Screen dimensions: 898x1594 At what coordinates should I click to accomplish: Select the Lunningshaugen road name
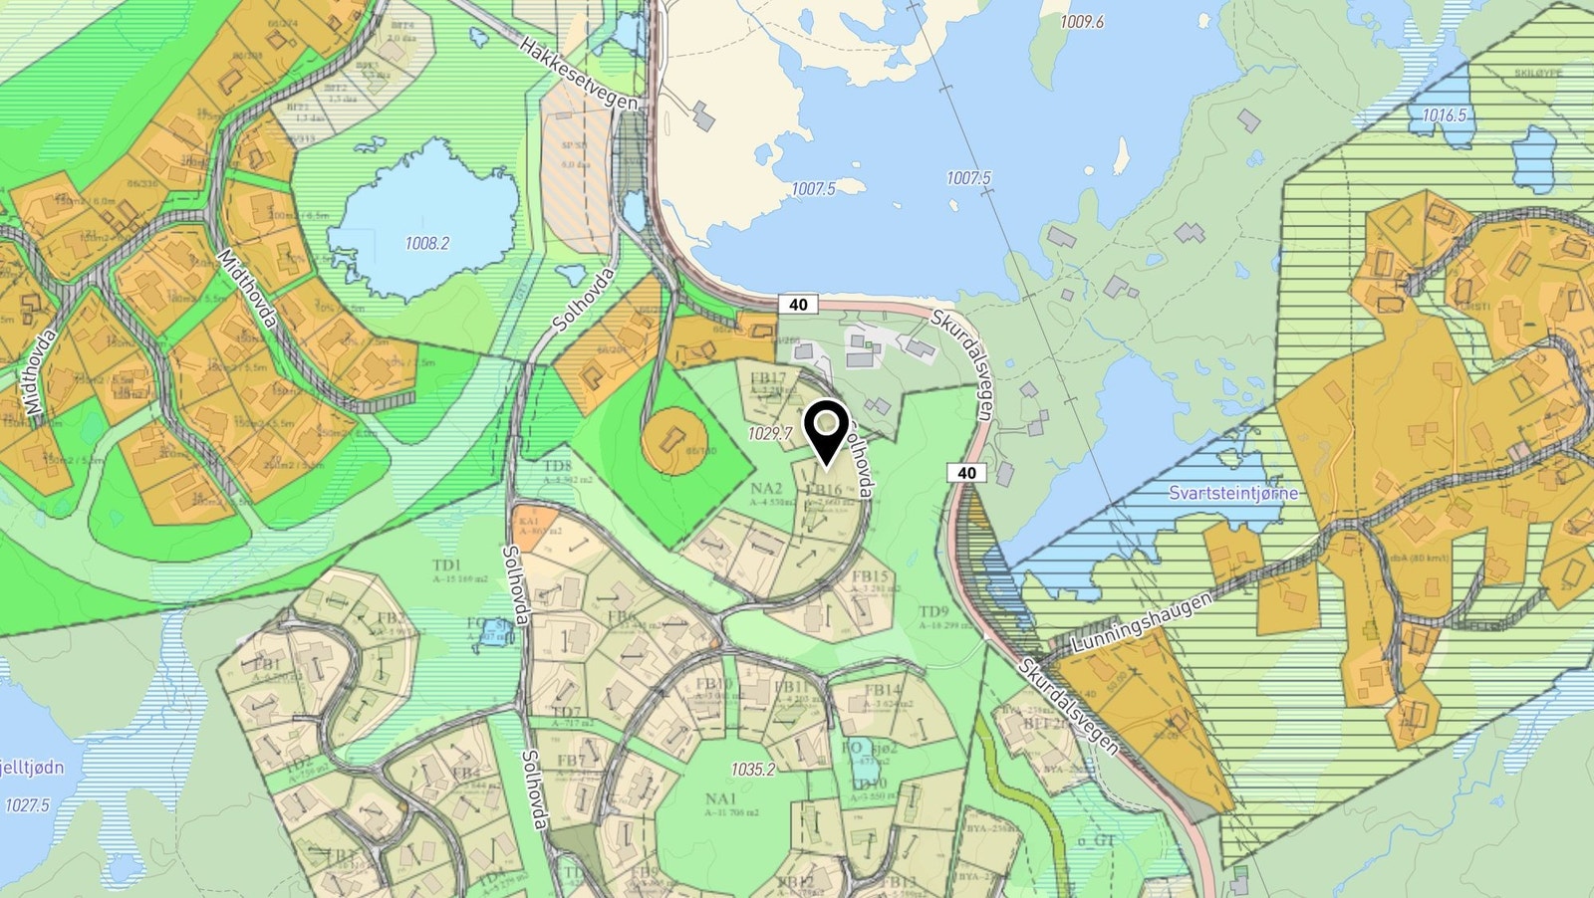coord(1142,623)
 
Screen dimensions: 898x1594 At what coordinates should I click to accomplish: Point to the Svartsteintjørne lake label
coord(1233,493)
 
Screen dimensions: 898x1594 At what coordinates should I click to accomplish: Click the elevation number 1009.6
coord(1081,22)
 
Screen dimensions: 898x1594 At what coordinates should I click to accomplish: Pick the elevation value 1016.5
coord(1444,115)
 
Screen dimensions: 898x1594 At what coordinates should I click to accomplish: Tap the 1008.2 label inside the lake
coord(426,243)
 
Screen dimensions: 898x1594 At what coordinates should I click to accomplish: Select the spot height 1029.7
coord(770,434)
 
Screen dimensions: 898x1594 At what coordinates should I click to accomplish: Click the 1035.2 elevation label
coord(752,770)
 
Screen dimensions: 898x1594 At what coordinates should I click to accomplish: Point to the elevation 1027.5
coord(27,804)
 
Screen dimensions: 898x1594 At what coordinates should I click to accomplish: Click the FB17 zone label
coord(768,378)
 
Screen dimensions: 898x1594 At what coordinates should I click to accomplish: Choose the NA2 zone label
coord(766,489)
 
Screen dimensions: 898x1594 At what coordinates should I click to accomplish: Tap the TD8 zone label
coord(558,466)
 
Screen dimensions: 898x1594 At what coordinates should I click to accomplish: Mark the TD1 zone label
coord(447,565)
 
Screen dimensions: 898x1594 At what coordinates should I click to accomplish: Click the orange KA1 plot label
coord(527,521)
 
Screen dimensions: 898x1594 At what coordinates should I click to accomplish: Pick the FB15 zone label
coord(870,576)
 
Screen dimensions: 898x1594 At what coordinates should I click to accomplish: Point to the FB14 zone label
coord(883,689)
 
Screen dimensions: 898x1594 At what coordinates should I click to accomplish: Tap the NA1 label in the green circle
coord(720,798)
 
